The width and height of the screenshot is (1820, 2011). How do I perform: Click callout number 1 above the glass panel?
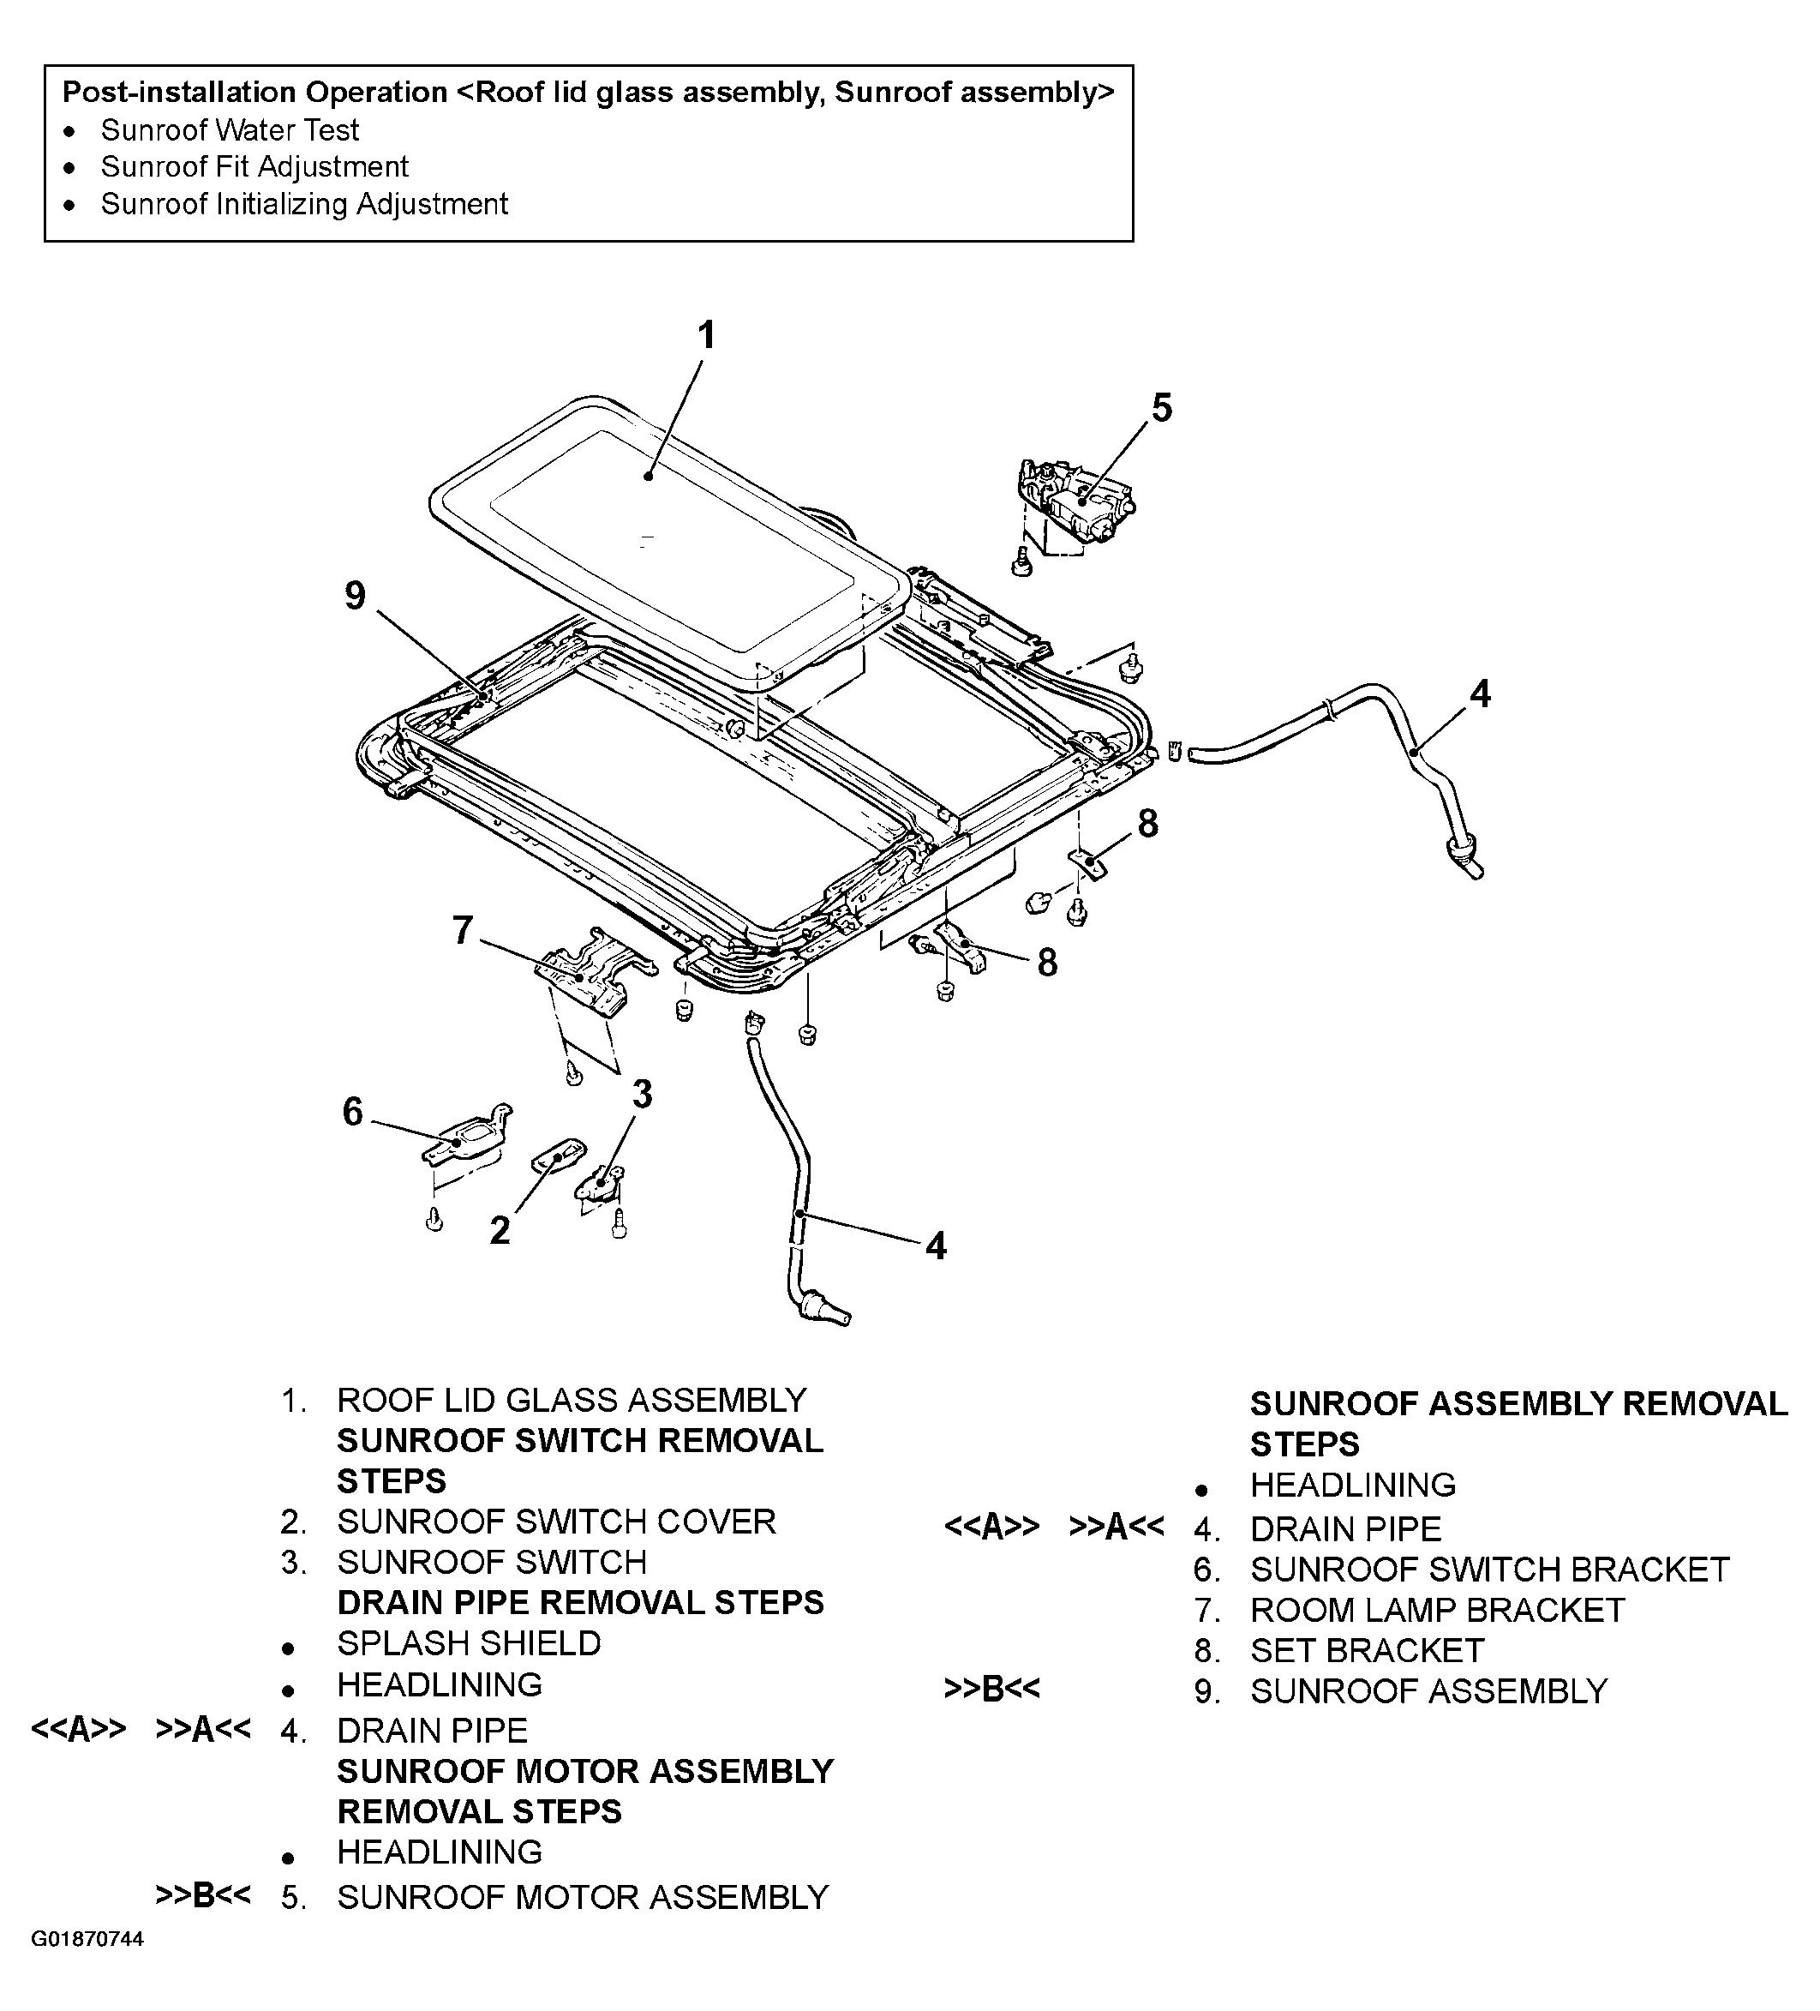point(706,335)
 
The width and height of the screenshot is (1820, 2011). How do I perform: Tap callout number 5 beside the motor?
point(1162,408)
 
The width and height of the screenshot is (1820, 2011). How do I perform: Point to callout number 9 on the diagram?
point(355,596)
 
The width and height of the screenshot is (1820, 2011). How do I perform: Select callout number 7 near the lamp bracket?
point(462,930)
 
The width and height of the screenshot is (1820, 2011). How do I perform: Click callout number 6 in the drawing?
point(353,1111)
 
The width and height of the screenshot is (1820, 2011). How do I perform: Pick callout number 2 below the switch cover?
point(500,1230)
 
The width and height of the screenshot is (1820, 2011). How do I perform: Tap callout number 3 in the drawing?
point(643,1095)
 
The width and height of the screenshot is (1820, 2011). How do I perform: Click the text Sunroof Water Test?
point(230,129)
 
